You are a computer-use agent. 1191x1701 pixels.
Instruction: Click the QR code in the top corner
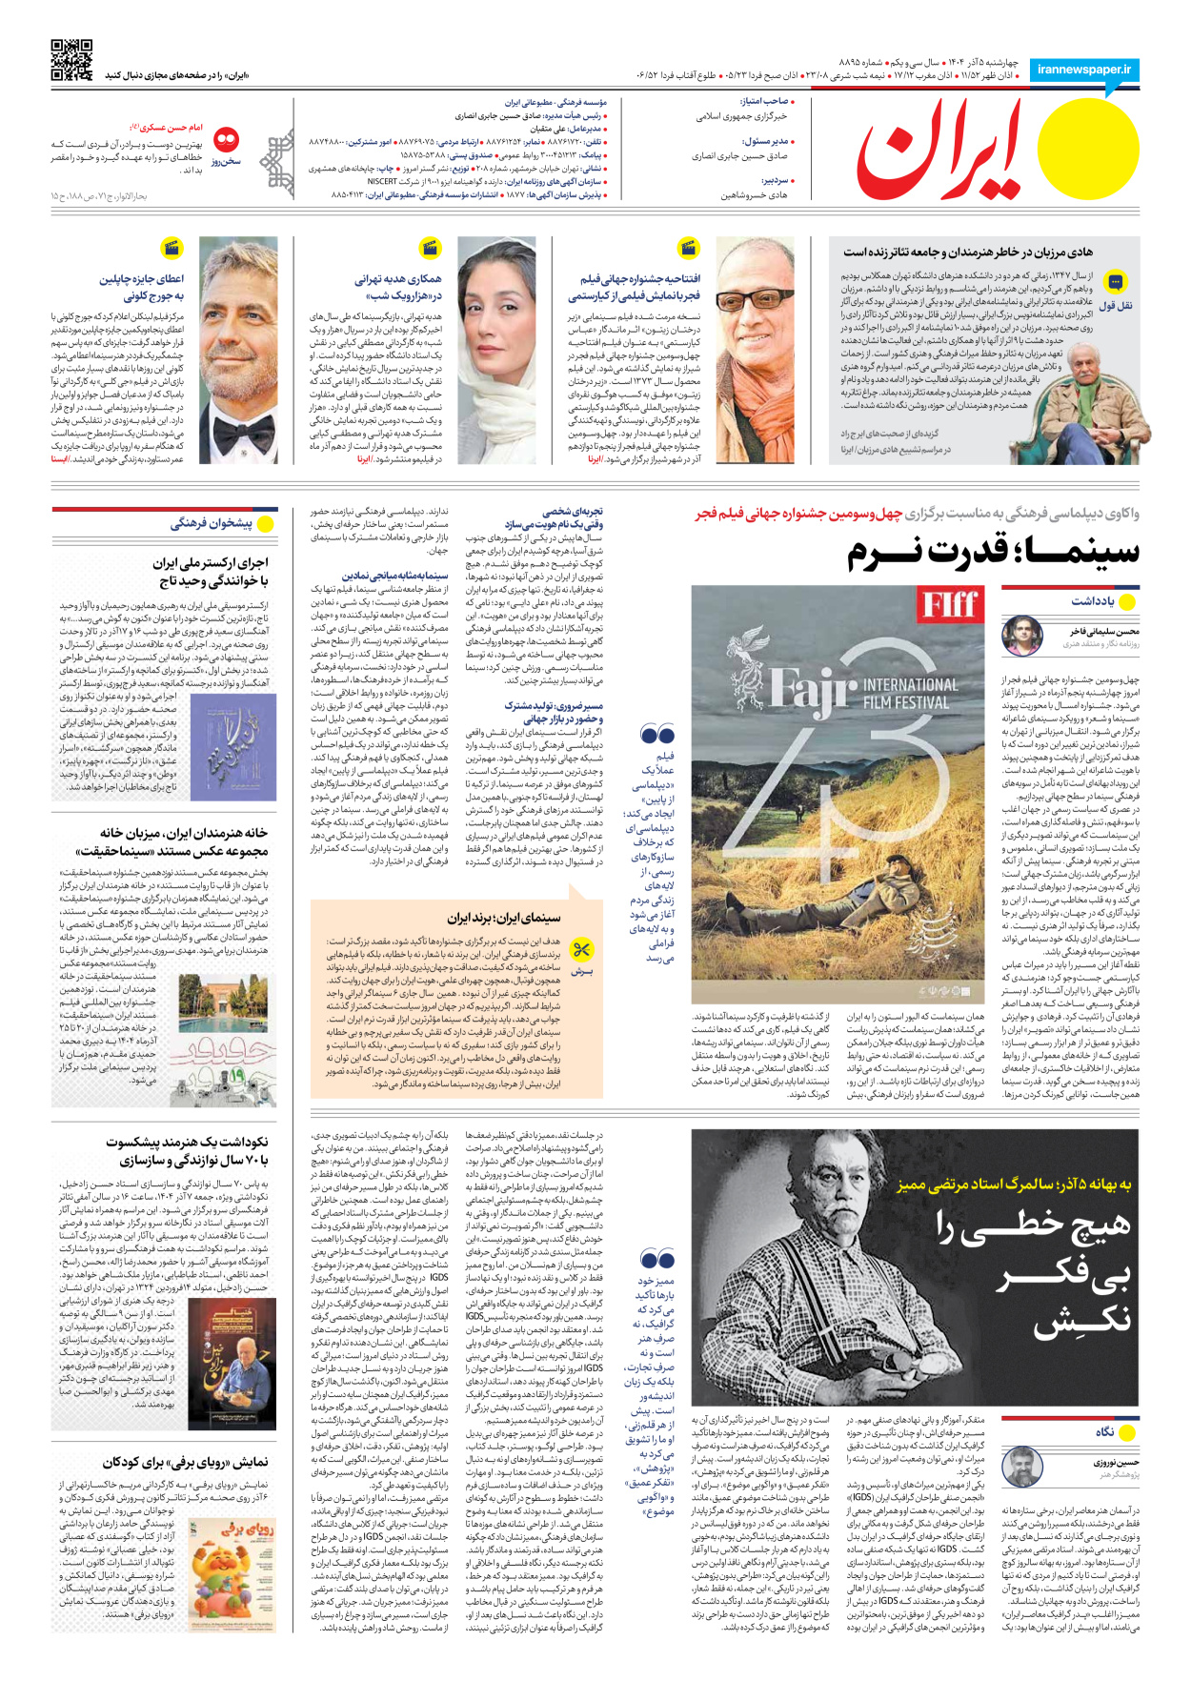click(71, 60)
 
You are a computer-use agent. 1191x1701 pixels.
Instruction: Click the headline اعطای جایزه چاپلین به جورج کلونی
click(142, 287)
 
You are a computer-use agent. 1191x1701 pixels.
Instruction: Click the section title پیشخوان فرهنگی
click(211, 523)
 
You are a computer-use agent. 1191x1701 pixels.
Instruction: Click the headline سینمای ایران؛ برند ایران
click(504, 918)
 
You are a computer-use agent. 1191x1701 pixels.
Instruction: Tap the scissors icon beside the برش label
click(581, 950)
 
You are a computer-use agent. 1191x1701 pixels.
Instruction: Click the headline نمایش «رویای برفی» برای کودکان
click(186, 1462)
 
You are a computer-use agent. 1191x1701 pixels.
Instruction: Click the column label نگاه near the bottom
click(1104, 1432)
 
